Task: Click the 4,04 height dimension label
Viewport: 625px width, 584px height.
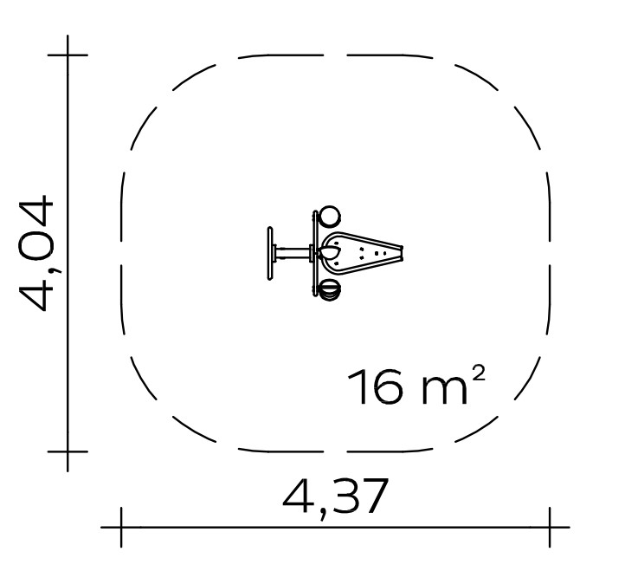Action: [35, 252]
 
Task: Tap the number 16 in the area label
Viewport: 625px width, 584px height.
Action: [376, 386]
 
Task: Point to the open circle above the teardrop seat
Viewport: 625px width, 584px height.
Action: [329, 217]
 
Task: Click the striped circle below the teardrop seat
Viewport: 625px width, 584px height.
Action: [329, 289]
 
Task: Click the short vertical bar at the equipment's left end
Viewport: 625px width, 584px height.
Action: [270, 253]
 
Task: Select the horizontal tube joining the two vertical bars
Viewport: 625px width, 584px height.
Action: [293, 253]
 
